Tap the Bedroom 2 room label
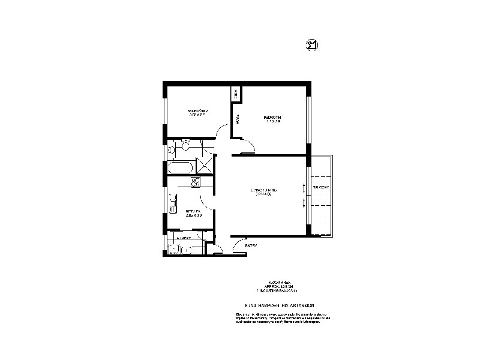tap(197, 112)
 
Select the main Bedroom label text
tap(272, 118)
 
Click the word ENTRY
tap(251, 245)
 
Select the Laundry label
tap(184, 238)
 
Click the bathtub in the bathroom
tap(181, 167)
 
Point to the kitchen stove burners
tap(195, 182)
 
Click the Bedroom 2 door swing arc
tap(221, 131)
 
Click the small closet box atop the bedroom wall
tap(236, 94)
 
